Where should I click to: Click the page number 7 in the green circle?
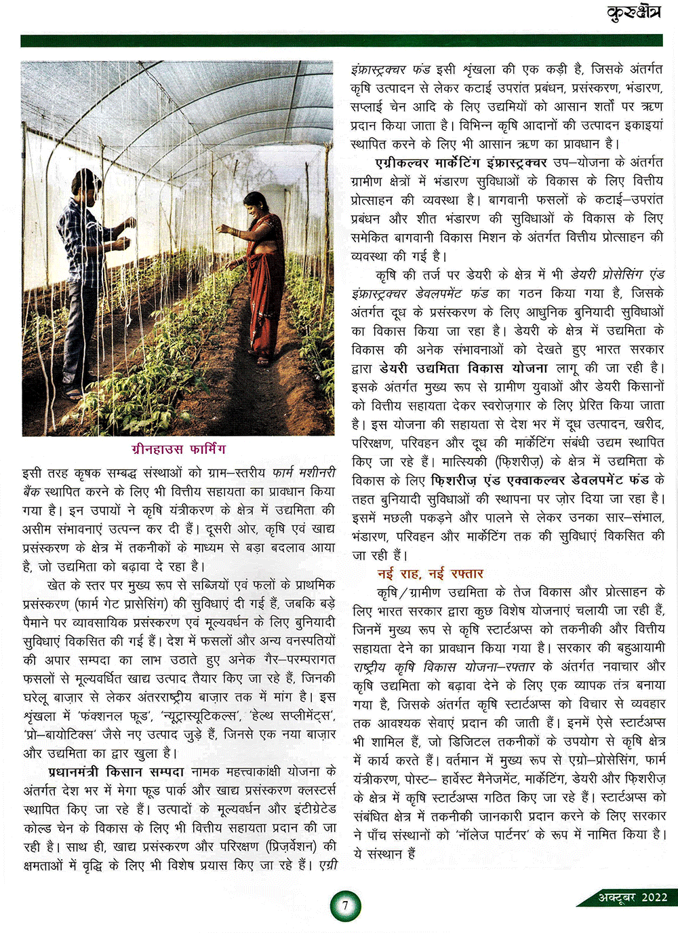coord(345,906)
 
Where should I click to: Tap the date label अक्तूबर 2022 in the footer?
coord(633,897)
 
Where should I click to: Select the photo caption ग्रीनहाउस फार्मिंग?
coord(179,449)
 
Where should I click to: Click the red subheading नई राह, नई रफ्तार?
coord(430,573)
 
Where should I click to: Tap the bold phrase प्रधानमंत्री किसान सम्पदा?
coord(116,772)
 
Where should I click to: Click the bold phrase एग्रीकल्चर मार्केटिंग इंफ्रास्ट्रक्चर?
coord(461,163)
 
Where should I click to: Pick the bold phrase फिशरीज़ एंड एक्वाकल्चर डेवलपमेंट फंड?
coord(539,480)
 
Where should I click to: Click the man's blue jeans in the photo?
coord(80,339)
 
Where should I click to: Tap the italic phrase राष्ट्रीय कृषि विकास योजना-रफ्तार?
coord(445,666)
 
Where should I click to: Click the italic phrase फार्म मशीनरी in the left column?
coord(304,472)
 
